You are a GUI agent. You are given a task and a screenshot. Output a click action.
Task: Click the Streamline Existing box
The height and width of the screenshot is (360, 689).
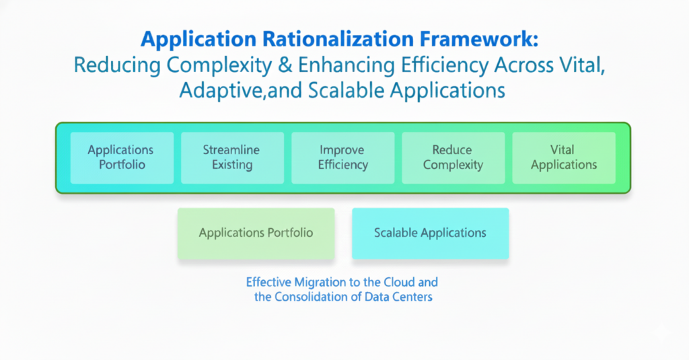(x=232, y=157)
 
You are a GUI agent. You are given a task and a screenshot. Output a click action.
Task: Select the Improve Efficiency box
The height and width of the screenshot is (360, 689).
(x=342, y=157)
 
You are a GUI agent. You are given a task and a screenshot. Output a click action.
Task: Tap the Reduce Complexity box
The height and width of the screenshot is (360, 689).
(x=453, y=157)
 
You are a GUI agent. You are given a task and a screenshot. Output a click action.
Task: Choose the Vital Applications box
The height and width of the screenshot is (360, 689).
(x=564, y=157)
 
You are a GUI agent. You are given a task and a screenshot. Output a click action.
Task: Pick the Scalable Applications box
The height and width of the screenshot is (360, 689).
(x=430, y=233)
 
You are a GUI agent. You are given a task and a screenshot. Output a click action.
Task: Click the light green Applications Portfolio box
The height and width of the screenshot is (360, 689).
(x=256, y=233)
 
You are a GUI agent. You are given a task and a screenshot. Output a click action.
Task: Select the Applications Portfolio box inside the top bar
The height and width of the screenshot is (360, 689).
(x=121, y=157)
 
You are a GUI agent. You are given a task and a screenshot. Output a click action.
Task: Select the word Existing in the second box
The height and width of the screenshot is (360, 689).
(x=232, y=165)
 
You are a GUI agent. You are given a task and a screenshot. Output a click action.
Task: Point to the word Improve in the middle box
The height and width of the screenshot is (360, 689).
(x=342, y=150)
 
